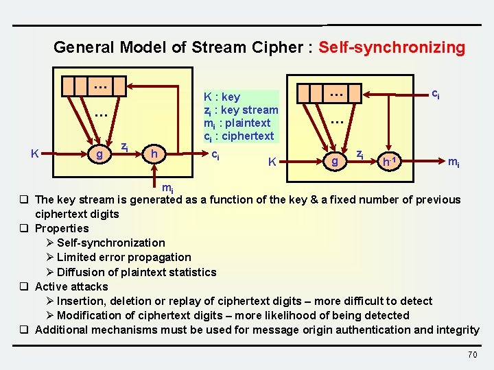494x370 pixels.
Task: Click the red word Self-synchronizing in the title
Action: click(392, 48)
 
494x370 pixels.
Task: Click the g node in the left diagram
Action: click(100, 155)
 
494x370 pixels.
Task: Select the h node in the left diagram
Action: click(154, 155)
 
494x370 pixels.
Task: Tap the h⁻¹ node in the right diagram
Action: click(388, 162)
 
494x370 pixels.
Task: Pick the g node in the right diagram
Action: click(334, 162)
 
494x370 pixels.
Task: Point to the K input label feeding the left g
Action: click(34, 154)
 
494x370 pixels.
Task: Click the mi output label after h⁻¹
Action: click(454, 162)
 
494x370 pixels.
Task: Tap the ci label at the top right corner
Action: click(435, 93)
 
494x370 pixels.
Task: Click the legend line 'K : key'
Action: click(222, 97)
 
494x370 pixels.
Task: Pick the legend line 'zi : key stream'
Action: click(241, 110)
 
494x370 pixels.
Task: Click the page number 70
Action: click(472, 354)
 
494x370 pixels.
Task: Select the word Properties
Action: click(62, 228)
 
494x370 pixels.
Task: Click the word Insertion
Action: click(82, 301)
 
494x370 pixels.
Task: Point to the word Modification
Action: click(89, 315)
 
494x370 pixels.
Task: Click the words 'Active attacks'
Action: click(71, 286)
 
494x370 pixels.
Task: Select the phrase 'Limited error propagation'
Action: click(124, 258)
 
